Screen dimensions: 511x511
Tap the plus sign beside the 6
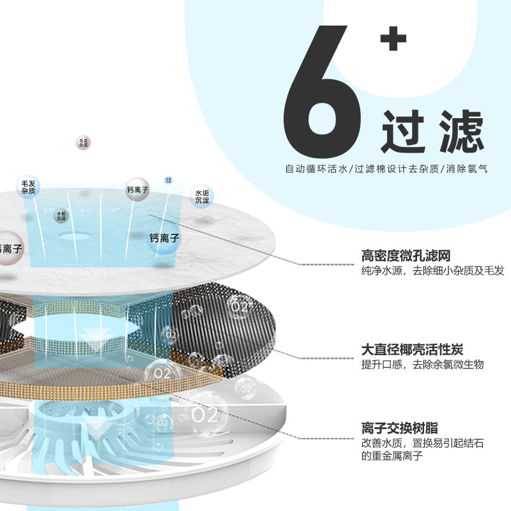tap(393, 40)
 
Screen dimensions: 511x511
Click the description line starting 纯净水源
tap(432, 271)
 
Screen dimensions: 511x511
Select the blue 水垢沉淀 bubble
tap(202, 196)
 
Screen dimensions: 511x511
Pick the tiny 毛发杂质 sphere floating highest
tap(82, 142)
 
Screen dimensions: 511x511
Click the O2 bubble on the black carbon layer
tap(239, 306)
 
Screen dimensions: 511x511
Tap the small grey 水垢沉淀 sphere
tap(61, 216)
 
